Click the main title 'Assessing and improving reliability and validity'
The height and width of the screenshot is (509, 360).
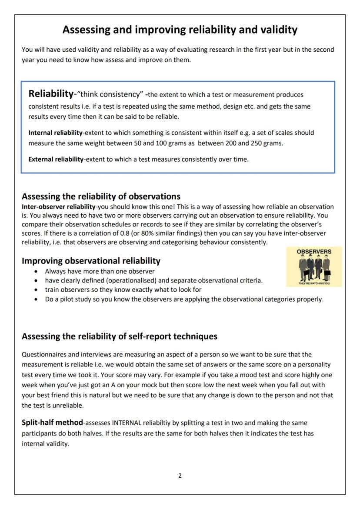point(180,30)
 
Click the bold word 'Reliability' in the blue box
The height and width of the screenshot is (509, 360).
point(50,93)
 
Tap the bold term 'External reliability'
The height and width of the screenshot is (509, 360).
point(56,159)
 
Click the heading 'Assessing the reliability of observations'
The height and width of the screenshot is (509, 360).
point(101,196)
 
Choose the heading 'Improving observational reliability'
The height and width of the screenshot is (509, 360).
point(91,261)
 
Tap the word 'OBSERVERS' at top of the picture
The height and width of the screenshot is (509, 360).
point(314,251)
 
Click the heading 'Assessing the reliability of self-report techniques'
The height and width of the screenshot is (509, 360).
point(120,336)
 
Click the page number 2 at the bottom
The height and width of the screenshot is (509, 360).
point(180,476)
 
